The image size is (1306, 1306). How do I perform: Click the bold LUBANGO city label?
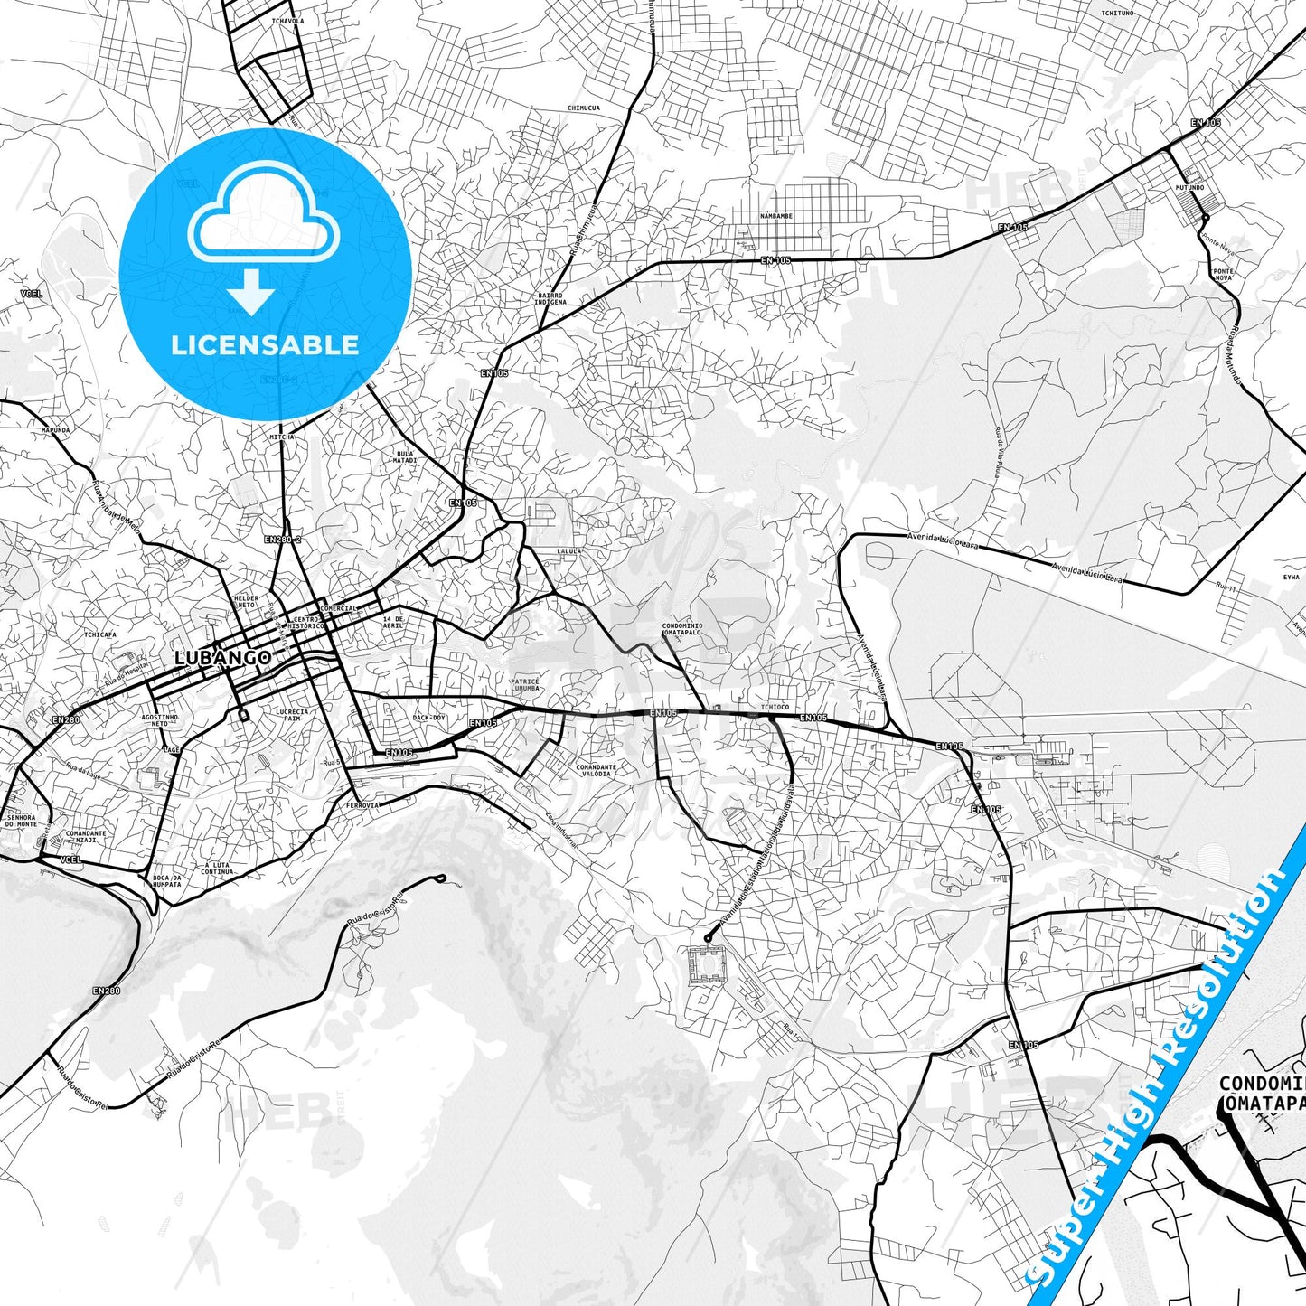click(222, 657)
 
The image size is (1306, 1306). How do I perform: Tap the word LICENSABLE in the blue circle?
click(265, 344)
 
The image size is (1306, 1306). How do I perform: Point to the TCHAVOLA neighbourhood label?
click(287, 20)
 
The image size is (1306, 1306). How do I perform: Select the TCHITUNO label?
click(1115, 13)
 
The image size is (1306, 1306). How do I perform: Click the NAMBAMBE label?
click(775, 217)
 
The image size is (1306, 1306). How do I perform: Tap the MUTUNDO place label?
click(1189, 188)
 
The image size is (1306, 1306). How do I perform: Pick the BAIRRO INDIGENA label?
click(550, 298)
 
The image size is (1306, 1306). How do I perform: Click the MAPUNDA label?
click(55, 430)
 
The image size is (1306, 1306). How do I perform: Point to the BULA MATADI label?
click(405, 457)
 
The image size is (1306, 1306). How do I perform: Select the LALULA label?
click(568, 550)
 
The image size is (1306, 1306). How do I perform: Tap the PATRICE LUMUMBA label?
click(525, 685)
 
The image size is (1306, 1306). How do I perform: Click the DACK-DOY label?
click(428, 718)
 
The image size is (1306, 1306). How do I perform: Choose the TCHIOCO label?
click(775, 707)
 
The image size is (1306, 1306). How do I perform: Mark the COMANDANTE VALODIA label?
click(596, 770)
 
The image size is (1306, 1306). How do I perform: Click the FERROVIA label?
click(362, 804)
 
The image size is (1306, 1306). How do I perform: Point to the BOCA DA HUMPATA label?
click(166, 880)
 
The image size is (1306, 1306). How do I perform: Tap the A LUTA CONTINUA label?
click(217, 868)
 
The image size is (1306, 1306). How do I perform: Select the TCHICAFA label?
click(100, 634)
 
